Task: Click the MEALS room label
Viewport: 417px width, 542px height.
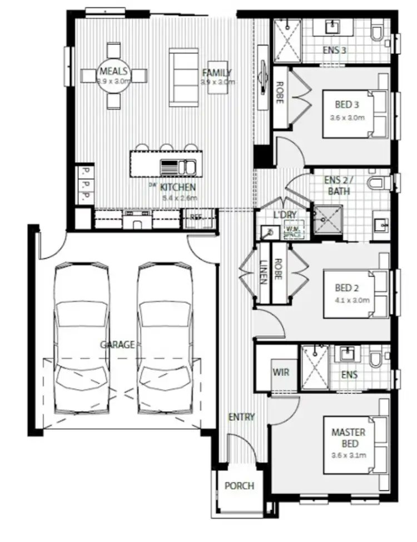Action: pyautogui.click(x=114, y=71)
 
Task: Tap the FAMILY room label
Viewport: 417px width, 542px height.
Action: pyautogui.click(x=217, y=73)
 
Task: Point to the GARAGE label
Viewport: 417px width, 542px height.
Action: pyautogui.click(x=117, y=345)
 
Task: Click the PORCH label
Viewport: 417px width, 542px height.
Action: pyautogui.click(x=239, y=486)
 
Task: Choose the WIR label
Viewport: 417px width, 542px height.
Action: pyautogui.click(x=280, y=371)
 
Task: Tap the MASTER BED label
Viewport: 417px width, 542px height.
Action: pyautogui.click(x=348, y=437)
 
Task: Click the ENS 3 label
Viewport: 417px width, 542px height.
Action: pyautogui.click(x=335, y=50)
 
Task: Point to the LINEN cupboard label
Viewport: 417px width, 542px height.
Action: pyautogui.click(x=263, y=272)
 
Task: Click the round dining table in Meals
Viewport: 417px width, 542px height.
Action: pyautogui.click(x=114, y=75)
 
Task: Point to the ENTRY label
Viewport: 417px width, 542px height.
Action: pyautogui.click(x=241, y=417)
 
